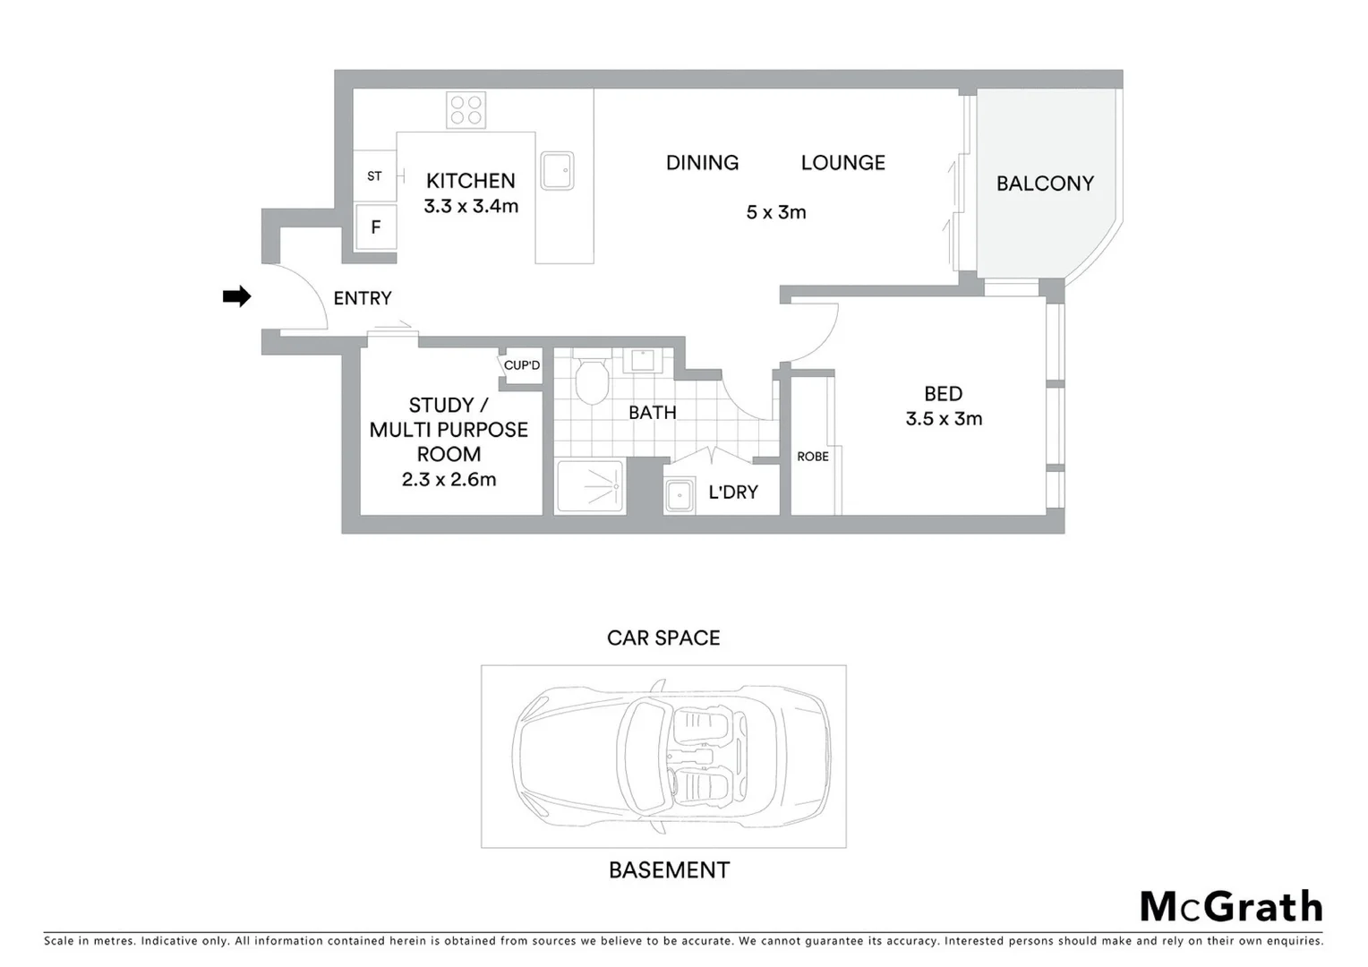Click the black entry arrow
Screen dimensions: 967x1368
coord(236,296)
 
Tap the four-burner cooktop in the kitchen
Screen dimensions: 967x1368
coord(466,110)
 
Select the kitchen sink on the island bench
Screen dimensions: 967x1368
coord(557,171)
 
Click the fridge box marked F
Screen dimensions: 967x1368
coord(376,227)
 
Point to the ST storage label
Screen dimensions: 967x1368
coord(374,176)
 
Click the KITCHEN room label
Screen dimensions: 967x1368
coord(470,181)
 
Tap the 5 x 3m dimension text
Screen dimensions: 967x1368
coord(776,212)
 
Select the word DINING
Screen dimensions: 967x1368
coord(702,163)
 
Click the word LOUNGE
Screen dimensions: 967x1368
coord(842,163)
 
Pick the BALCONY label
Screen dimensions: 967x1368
coord(1045,184)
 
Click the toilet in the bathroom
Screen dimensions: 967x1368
coord(591,382)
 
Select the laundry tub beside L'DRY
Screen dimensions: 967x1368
coord(680,495)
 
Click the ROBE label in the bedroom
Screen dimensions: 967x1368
coord(813,457)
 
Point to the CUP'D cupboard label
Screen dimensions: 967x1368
coord(522,365)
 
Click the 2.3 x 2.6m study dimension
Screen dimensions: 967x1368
coord(449,480)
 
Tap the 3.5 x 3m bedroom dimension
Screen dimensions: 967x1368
coord(944,419)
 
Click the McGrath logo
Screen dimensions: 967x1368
coord(1231,907)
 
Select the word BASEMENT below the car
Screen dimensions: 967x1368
coord(669,870)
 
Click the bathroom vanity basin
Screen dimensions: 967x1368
coord(643,360)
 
